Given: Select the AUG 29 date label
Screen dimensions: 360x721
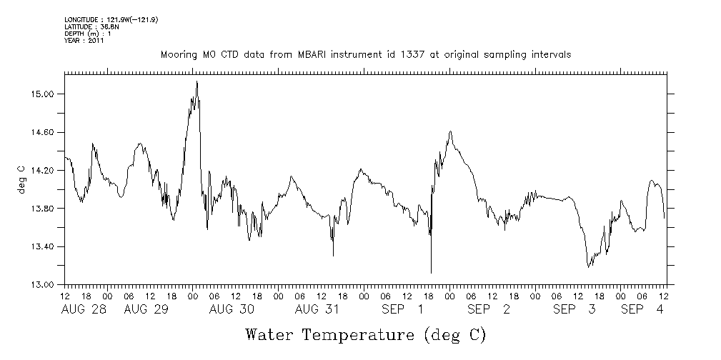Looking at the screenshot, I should coord(146,309).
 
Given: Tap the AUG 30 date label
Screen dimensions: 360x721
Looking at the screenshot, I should coord(232,309).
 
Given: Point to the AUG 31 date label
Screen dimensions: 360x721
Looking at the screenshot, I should coord(317,309).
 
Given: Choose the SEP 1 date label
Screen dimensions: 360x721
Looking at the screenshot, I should coord(403,309).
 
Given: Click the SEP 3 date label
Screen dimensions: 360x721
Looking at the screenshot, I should coord(575,309).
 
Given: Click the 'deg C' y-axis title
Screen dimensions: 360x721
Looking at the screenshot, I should coord(21,179).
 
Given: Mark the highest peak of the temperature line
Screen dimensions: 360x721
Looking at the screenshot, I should coord(197,82).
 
